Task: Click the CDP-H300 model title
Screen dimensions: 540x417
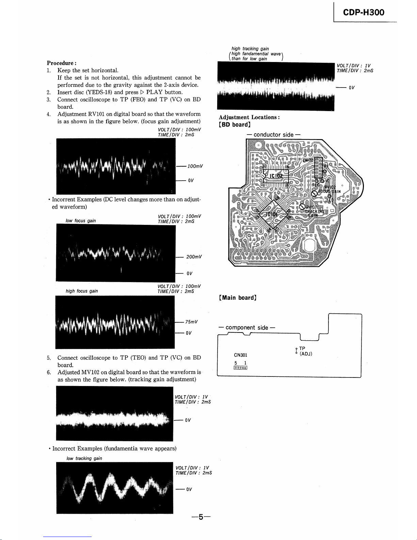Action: pyautogui.click(x=364, y=13)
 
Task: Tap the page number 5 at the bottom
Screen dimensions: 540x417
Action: pyautogui.click(x=201, y=517)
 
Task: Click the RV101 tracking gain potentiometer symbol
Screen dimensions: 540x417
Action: pyautogui.click(x=302, y=207)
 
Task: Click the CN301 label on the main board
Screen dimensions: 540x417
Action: pyautogui.click(x=241, y=355)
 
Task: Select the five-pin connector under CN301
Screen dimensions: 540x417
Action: pyautogui.click(x=240, y=368)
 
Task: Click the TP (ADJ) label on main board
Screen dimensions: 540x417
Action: pyautogui.click(x=305, y=351)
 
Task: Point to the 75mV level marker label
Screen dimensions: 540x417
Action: pyautogui.click(x=192, y=322)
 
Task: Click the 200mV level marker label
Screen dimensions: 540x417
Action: pyautogui.click(x=194, y=257)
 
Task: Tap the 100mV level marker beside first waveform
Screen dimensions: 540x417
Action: pyautogui.click(x=195, y=166)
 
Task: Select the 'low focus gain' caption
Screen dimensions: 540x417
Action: pyautogui.click(x=81, y=221)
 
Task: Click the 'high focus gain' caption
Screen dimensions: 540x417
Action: pyautogui.click(x=82, y=291)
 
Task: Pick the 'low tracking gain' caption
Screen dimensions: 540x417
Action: pyautogui.click(x=84, y=458)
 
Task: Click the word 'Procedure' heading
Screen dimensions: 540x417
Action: pyautogui.click(x=60, y=63)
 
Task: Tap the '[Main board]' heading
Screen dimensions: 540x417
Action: pyautogui.click(x=238, y=298)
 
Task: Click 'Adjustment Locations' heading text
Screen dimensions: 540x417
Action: pyautogui.click(x=249, y=117)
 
